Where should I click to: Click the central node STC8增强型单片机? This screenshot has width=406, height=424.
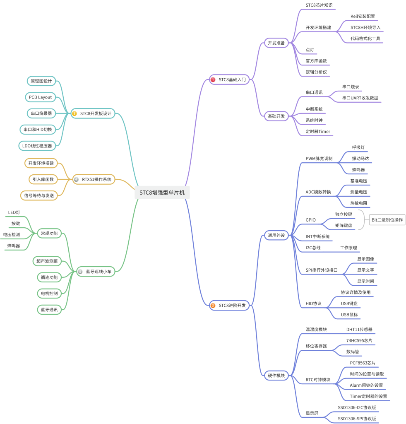click(162, 193)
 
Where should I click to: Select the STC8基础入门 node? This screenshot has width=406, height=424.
click(229, 79)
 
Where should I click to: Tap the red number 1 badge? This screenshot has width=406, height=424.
click(213, 79)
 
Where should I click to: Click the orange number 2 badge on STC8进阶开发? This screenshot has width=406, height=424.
click(213, 306)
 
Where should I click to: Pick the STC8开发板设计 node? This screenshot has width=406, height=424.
click(93, 113)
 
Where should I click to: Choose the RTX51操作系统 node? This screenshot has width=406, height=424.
click(94, 179)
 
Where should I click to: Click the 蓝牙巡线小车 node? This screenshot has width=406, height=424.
click(96, 272)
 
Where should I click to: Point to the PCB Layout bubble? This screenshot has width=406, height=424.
click(40, 97)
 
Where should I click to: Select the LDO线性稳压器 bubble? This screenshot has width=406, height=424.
click(37, 146)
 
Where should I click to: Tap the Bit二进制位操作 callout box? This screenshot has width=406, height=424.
click(387, 220)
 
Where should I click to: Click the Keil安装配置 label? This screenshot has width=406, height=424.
click(363, 16)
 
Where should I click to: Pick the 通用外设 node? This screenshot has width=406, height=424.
click(276, 235)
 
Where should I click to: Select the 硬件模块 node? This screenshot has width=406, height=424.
click(276, 376)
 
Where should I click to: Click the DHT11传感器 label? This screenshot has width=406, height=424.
click(359, 329)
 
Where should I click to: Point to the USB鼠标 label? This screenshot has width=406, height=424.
click(349, 315)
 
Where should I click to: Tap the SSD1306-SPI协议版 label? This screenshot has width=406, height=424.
click(357, 419)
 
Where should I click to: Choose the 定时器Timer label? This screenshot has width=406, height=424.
click(318, 131)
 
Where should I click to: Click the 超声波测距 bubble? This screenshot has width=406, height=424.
click(47, 261)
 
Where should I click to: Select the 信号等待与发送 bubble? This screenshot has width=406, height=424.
click(39, 195)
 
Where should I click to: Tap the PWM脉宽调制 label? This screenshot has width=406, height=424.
click(319, 159)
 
